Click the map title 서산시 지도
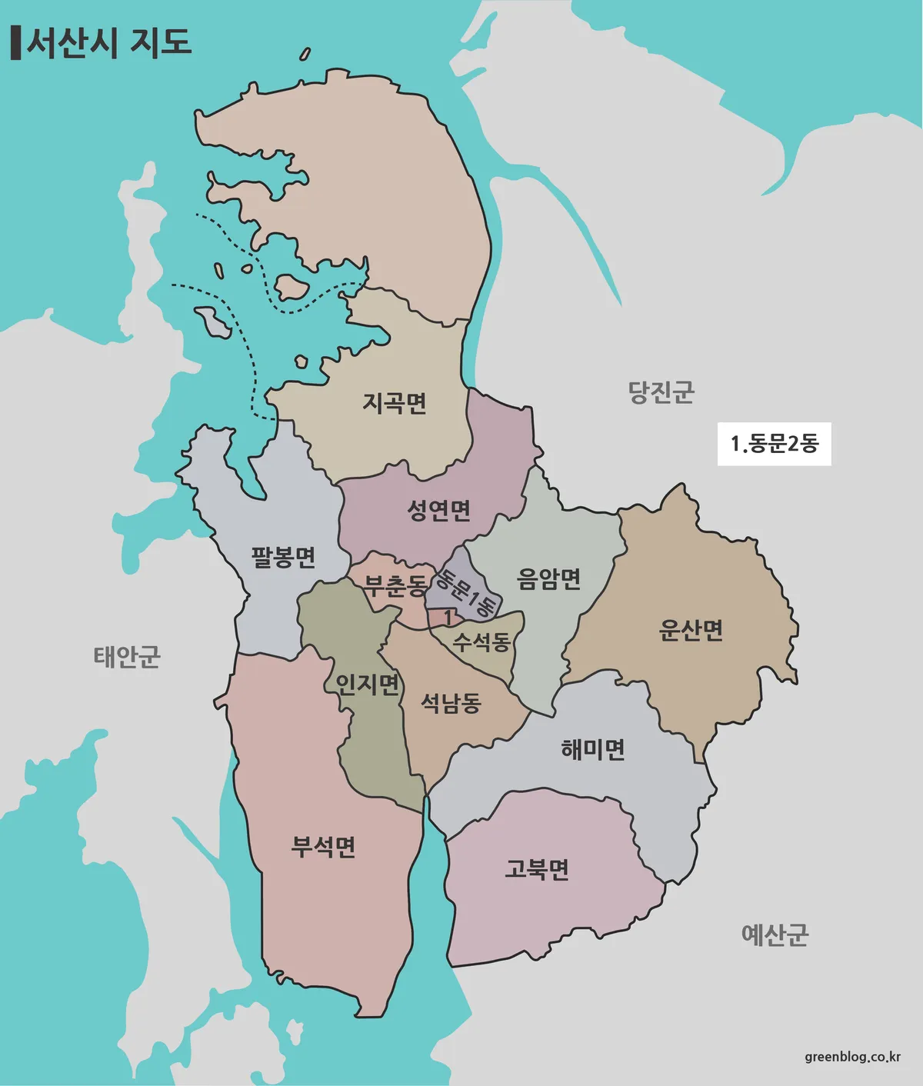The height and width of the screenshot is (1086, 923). click(x=109, y=42)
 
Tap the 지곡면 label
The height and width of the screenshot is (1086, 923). click(x=395, y=402)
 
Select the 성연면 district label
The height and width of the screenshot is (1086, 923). click(x=438, y=510)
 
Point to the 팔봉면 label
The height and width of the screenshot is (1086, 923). click(x=283, y=556)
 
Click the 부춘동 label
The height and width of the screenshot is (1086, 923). click(x=395, y=586)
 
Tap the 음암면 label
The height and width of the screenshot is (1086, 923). click(x=548, y=578)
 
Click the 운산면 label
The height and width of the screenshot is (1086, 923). click(x=691, y=630)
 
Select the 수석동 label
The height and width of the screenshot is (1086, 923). click(x=481, y=641)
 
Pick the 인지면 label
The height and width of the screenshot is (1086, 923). click(x=368, y=683)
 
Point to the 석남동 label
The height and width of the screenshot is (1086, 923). click(x=451, y=702)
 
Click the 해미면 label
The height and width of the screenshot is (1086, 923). click(x=592, y=748)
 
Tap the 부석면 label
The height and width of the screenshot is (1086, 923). click(x=323, y=846)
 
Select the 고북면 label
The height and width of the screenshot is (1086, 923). click(x=537, y=869)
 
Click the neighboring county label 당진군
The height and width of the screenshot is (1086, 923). click(x=661, y=392)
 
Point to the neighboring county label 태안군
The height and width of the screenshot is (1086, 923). click(x=127, y=657)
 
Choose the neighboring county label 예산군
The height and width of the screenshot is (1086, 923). click(x=775, y=934)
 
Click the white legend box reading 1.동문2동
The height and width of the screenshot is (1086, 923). click(x=774, y=444)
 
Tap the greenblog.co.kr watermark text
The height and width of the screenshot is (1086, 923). click(x=852, y=1056)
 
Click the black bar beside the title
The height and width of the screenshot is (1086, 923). click(x=15, y=43)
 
